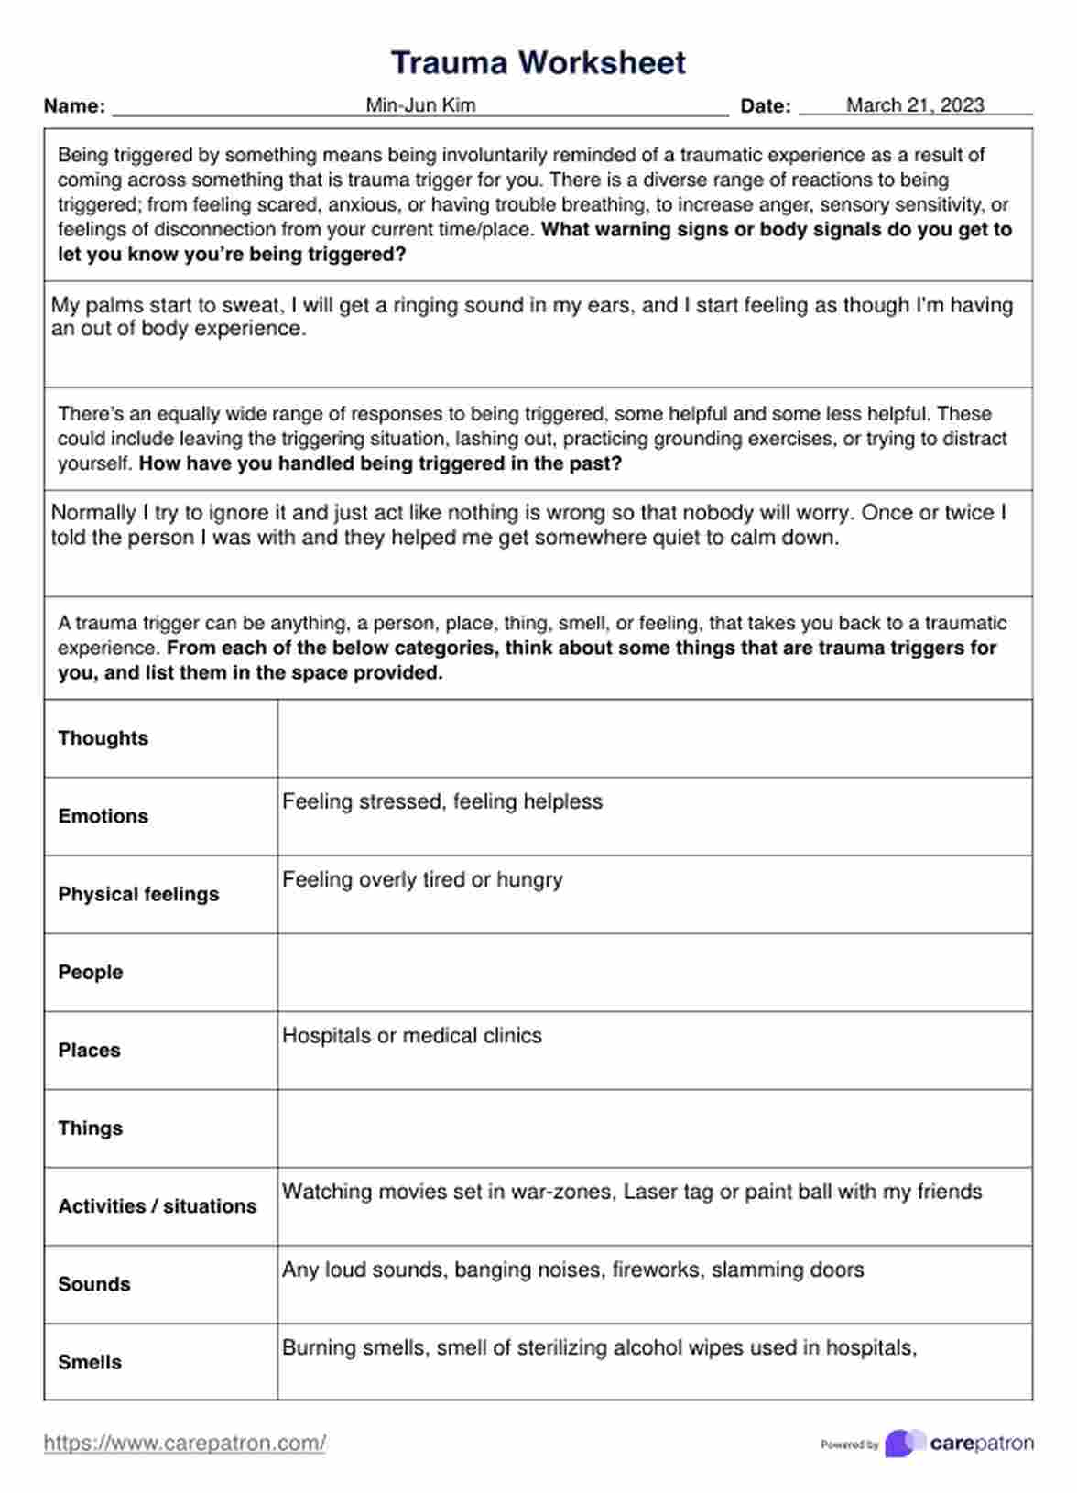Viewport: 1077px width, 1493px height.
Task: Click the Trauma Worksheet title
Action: pyautogui.click(x=538, y=62)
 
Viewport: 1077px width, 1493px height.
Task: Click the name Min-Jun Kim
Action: pyautogui.click(x=420, y=105)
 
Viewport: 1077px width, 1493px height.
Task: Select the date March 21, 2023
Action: pyautogui.click(x=915, y=105)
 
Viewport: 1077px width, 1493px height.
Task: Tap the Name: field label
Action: pyautogui.click(x=74, y=106)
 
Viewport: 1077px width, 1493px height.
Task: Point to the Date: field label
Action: pyautogui.click(x=766, y=106)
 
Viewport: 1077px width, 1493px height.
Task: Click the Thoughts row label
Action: pyautogui.click(x=103, y=738)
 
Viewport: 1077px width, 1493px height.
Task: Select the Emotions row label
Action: pyautogui.click(x=103, y=816)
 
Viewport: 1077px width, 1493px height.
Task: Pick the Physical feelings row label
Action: pyautogui.click(x=138, y=894)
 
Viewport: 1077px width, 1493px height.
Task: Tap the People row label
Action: pyautogui.click(x=90, y=972)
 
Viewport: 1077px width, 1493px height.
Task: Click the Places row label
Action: pyautogui.click(x=89, y=1050)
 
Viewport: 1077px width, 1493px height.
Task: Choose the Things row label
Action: pyautogui.click(x=90, y=1128)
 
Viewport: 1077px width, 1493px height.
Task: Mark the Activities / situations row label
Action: pyautogui.click(x=158, y=1206)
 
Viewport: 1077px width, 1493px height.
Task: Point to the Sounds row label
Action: pyautogui.click(x=93, y=1284)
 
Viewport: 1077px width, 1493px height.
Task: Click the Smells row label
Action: pyautogui.click(x=90, y=1362)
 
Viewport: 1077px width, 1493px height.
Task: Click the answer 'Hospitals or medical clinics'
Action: pyautogui.click(x=412, y=1036)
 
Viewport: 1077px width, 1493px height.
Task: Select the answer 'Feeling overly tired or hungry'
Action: pyautogui.click(x=422, y=880)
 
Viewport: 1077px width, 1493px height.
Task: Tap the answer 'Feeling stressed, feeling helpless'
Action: pyautogui.click(x=442, y=802)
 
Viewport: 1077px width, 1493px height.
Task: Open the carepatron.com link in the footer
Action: pyautogui.click(x=184, y=1444)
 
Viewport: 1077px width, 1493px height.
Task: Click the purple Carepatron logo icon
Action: pyautogui.click(x=904, y=1444)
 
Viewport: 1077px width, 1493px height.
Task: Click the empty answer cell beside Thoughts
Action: pyautogui.click(x=654, y=738)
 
